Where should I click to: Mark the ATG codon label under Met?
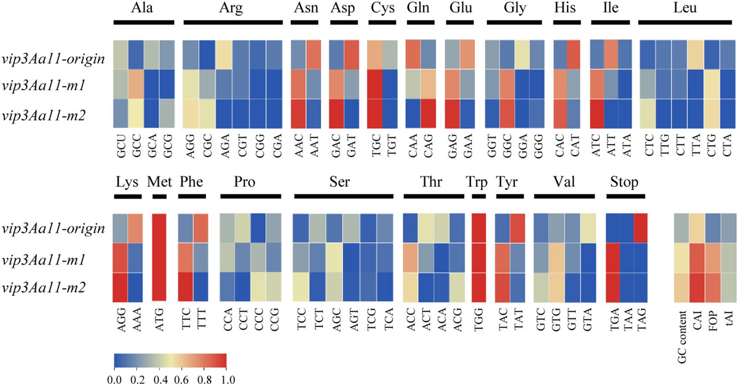(159, 315)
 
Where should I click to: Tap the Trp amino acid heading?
(478, 182)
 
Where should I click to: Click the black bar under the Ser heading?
(344, 196)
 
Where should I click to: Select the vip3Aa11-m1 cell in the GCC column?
(138, 84)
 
